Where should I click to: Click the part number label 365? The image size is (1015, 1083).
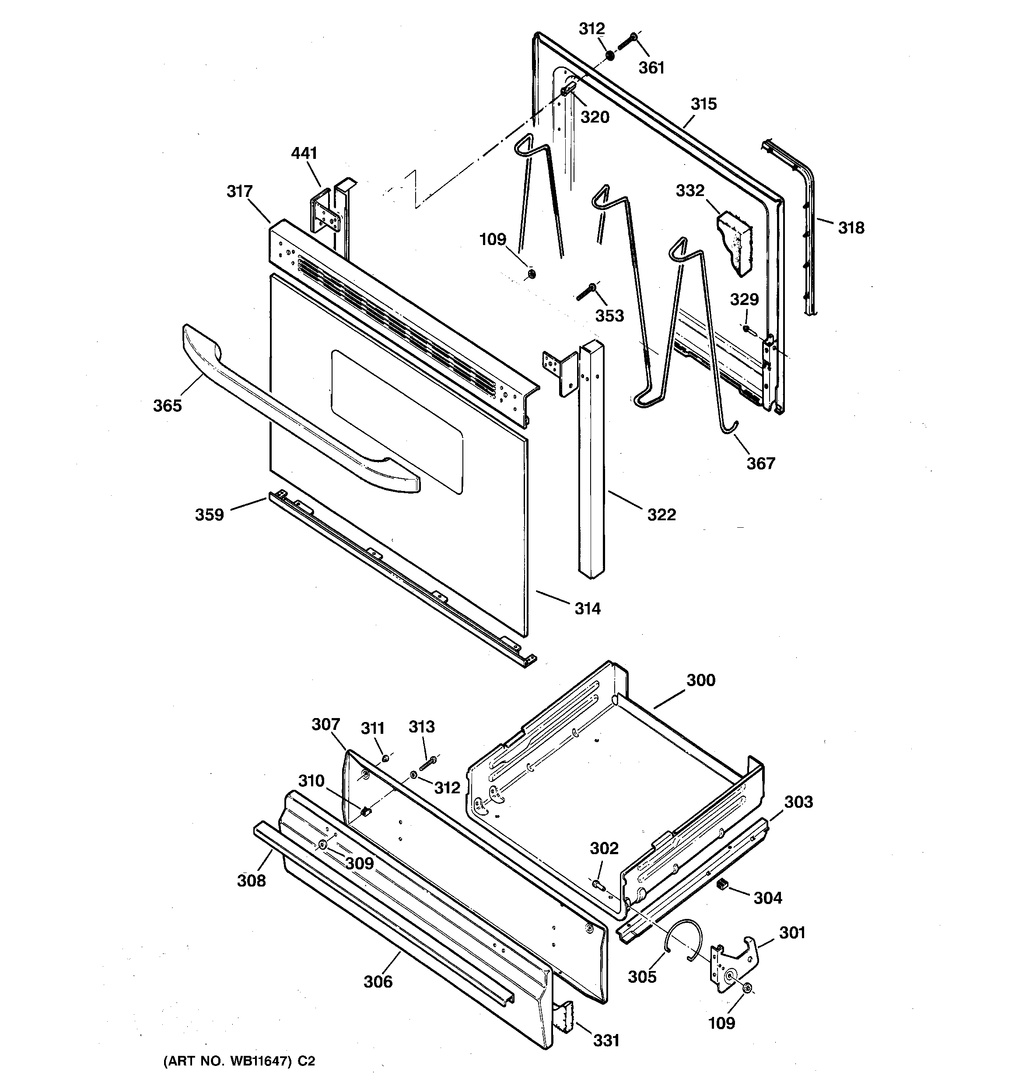click(x=167, y=406)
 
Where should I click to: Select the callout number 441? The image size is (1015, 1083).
click(x=304, y=153)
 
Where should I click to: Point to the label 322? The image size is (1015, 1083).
click(x=661, y=514)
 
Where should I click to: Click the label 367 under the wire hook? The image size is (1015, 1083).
click(x=760, y=463)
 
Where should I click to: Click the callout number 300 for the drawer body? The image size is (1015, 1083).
click(x=700, y=680)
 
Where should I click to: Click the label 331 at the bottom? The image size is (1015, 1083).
click(x=606, y=1041)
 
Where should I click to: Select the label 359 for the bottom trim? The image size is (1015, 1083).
click(x=210, y=515)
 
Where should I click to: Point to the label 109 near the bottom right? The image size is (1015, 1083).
click(x=721, y=1023)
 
